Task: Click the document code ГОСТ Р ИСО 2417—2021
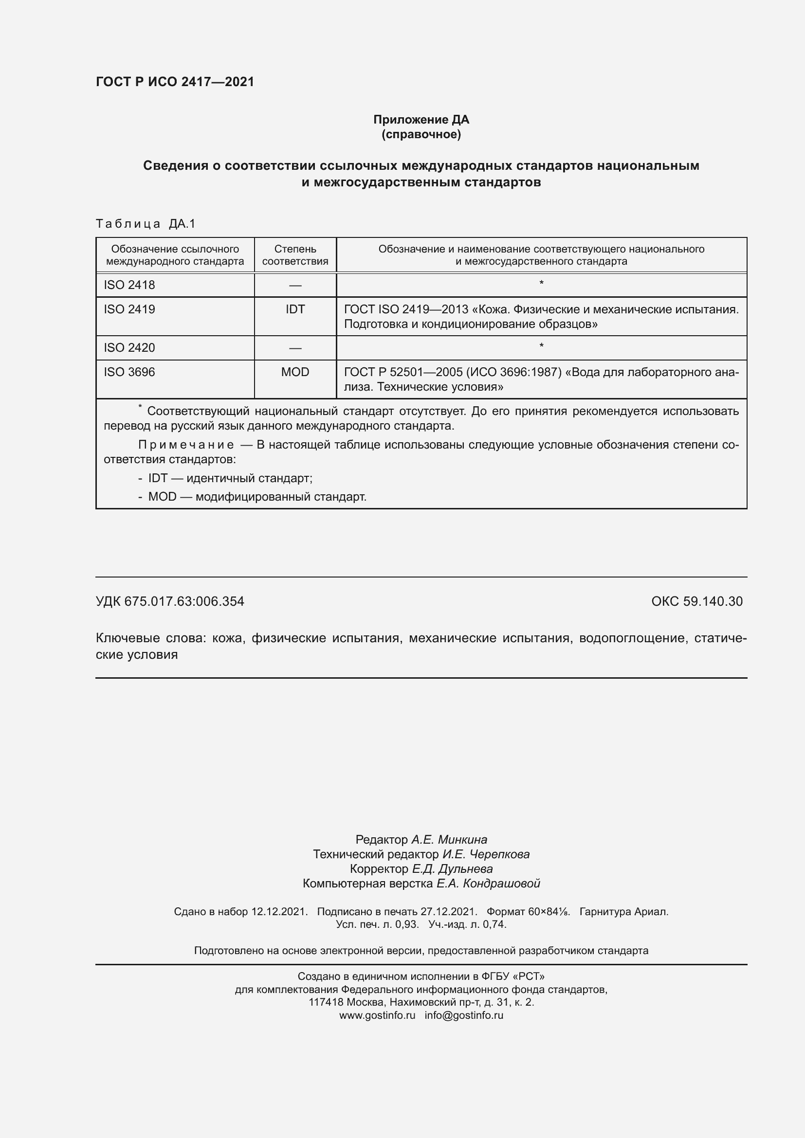tap(175, 82)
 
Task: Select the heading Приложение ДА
tap(421, 120)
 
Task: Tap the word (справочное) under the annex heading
tap(421, 134)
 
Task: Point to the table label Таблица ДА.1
tap(145, 224)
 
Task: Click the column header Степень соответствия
tap(295, 255)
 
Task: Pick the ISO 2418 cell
tap(129, 285)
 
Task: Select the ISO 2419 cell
tap(129, 309)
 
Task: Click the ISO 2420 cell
tap(129, 347)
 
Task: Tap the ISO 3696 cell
tap(129, 372)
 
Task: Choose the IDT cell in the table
tap(295, 309)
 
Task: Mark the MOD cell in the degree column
tap(295, 372)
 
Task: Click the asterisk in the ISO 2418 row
tap(541, 284)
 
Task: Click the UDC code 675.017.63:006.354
tap(184, 601)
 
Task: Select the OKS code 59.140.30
tap(713, 601)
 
